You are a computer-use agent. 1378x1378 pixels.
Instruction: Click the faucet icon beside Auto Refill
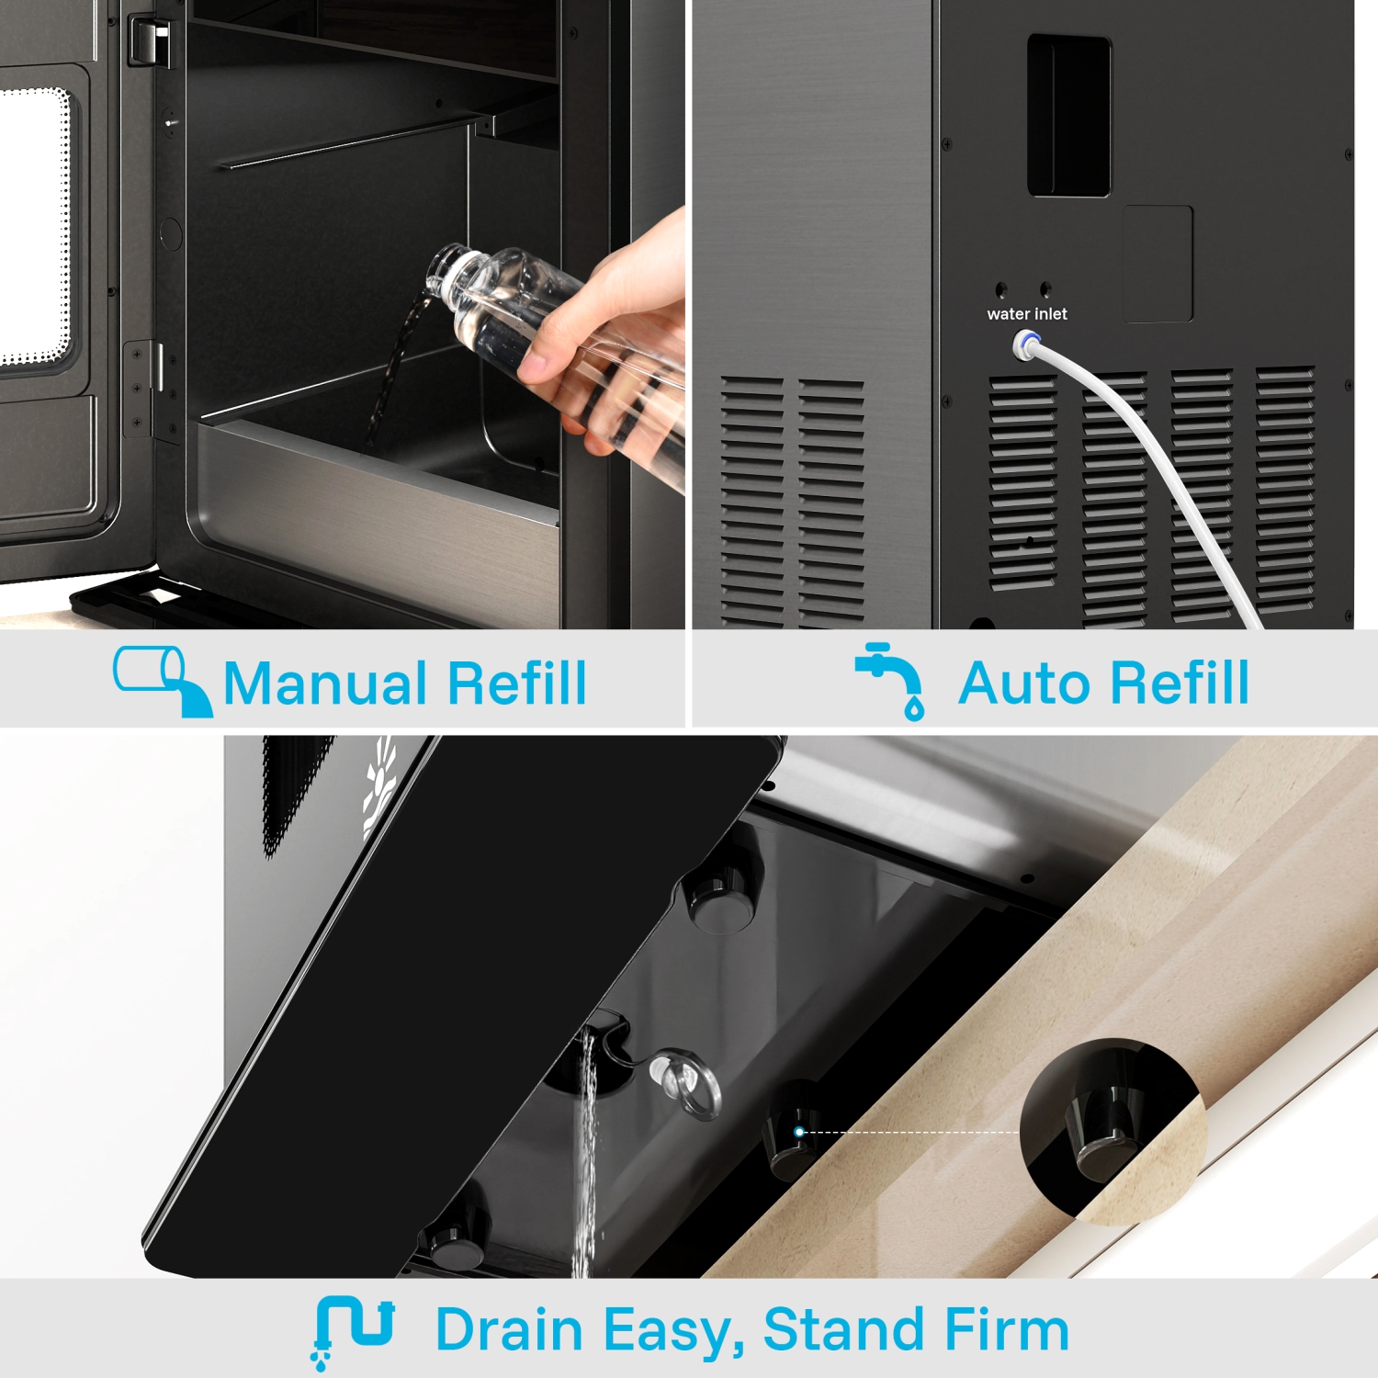[889, 681]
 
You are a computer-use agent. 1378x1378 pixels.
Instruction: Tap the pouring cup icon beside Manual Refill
[163, 681]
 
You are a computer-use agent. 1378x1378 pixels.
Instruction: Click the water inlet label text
[1027, 314]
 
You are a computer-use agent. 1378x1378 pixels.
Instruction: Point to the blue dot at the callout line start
[799, 1132]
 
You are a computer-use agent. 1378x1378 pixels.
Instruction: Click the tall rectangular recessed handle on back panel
[1069, 116]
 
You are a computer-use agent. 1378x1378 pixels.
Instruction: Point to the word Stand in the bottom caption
[831, 1329]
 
